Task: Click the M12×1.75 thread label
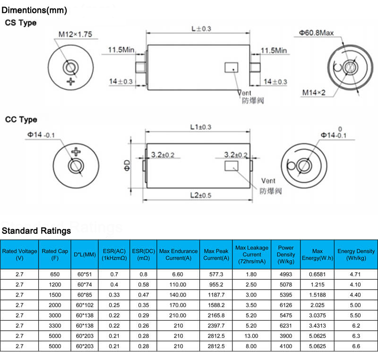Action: (75, 34)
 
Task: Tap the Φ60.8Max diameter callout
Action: (316, 33)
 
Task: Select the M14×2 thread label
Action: (314, 93)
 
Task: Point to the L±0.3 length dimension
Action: (201, 29)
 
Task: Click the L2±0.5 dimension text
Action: (200, 195)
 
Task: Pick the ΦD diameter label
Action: (127, 165)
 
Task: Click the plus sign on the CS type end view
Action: (70, 82)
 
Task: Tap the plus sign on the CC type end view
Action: (76, 152)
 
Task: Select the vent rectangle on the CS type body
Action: (232, 68)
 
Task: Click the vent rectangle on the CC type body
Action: (232, 166)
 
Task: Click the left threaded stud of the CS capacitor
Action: (140, 68)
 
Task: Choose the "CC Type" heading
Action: (21, 120)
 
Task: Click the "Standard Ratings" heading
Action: (36, 231)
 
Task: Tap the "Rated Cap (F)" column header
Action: (55, 255)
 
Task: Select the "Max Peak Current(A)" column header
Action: (216, 255)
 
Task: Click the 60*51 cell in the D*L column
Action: (85, 274)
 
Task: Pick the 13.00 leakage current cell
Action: (251, 336)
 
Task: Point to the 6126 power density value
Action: (286, 305)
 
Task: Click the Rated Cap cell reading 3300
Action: (55, 326)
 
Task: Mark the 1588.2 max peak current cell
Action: (216, 305)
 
